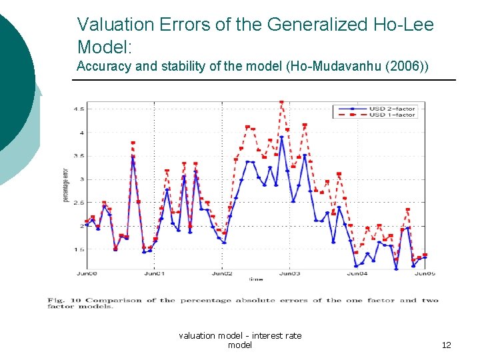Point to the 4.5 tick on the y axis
(x=79, y=109)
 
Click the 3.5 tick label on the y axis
(x=79, y=156)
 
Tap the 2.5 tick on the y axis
(x=79, y=203)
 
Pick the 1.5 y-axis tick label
(x=79, y=250)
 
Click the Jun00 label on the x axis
(x=86, y=273)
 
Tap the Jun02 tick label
(x=222, y=273)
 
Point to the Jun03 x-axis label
(x=289, y=273)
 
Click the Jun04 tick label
(x=357, y=273)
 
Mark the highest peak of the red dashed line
(x=281, y=103)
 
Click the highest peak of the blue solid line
(x=281, y=137)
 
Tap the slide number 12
(x=446, y=345)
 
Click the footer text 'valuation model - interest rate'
(x=240, y=335)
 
